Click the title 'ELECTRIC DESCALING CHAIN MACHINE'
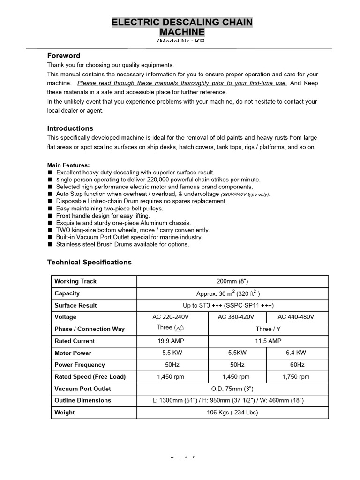point(182,27)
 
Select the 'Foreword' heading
point(64,56)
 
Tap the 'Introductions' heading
point(70,128)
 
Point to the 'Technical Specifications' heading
point(90,262)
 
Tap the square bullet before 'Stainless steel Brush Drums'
point(50,245)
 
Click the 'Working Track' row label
point(75,281)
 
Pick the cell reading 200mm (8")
point(232,281)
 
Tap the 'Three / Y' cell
point(268,329)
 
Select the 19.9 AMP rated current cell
point(172,341)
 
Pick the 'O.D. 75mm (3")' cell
point(232,389)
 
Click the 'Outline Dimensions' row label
point(83,400)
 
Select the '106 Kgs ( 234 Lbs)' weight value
point(232,412)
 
